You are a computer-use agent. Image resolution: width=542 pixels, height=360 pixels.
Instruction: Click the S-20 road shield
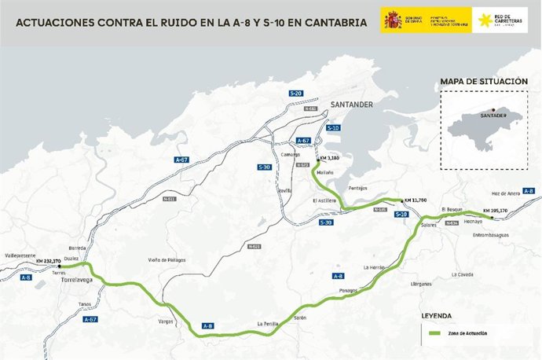click(295, 94)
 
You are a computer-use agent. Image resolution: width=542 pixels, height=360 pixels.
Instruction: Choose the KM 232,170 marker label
click(49, 260)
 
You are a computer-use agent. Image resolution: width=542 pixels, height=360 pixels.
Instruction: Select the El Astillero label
click(324, 200)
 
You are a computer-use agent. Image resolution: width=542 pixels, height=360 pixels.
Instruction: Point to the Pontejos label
click(357, 188)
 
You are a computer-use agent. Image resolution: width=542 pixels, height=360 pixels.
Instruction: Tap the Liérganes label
click(422, 284)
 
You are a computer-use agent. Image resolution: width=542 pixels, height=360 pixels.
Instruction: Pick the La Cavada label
click(464, 274)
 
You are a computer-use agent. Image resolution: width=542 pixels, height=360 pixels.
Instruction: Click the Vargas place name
click(166, 321)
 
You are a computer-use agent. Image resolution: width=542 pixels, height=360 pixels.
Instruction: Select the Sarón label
click(299, 318)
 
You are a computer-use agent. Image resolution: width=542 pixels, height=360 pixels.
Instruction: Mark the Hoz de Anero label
click(505, 193)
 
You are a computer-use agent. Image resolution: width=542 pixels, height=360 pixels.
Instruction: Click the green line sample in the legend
click(437, 334)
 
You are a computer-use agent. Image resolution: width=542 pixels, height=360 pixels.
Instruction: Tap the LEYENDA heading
click(437, 315)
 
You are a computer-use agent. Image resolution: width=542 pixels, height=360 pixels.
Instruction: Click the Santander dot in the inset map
click(493, 110)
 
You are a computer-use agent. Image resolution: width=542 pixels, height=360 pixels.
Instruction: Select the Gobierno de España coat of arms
click(392, 20)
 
